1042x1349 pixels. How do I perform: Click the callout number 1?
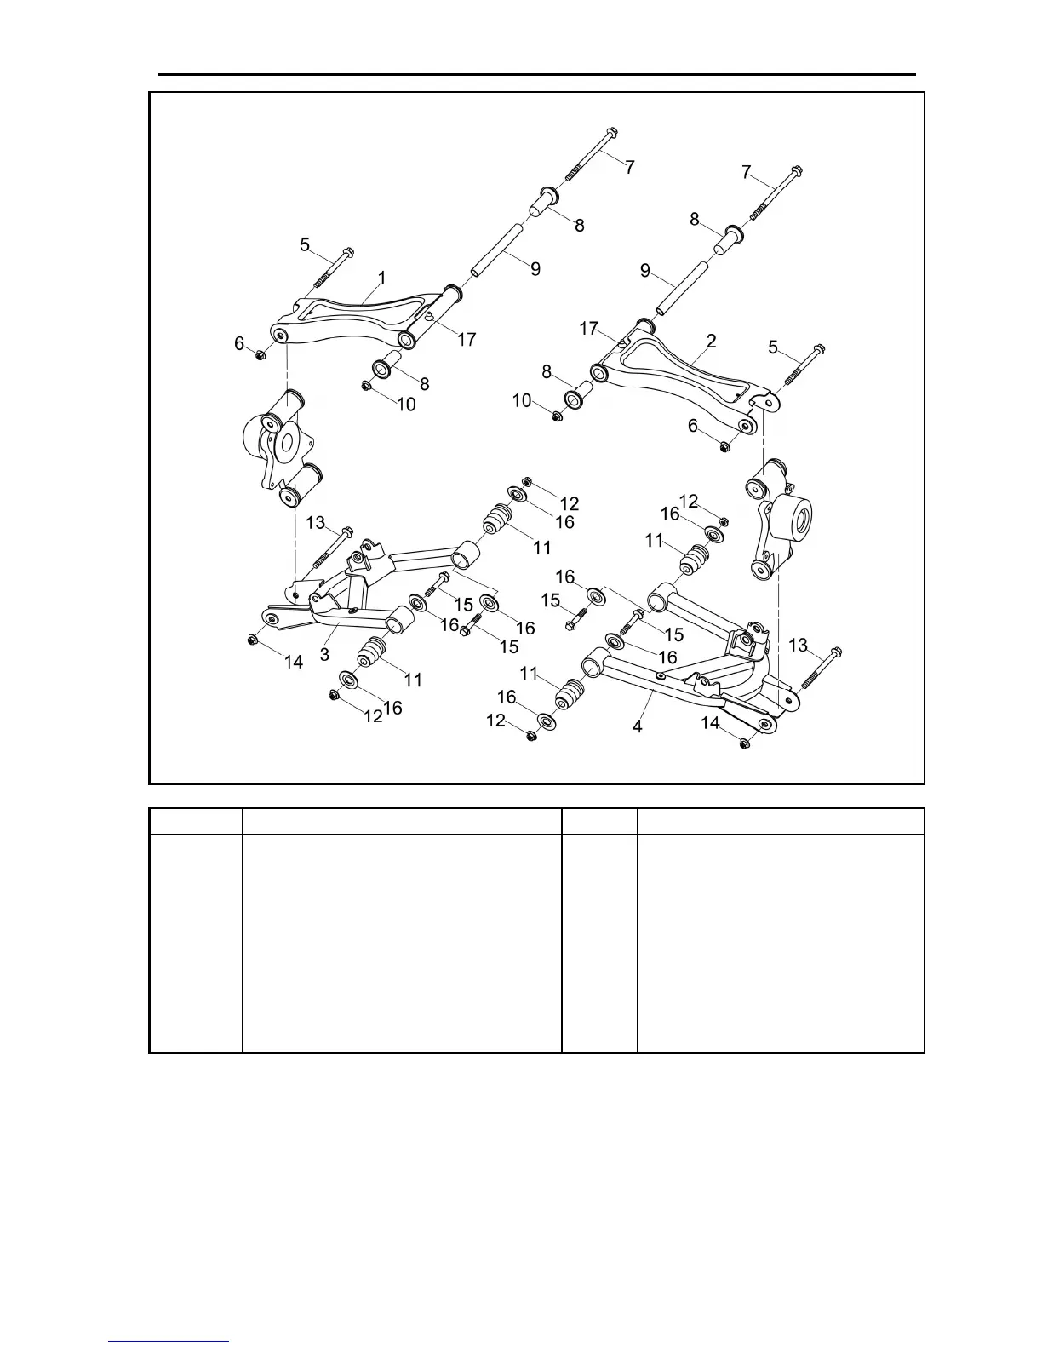(382, 278)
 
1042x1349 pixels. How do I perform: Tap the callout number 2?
(712, 341)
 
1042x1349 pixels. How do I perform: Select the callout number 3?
(324, 654)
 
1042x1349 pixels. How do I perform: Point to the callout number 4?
(638, 727)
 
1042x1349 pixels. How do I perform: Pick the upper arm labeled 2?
(681, 375)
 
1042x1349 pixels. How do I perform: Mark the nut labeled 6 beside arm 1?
(260, 354)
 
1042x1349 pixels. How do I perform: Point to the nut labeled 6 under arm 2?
(724, 445)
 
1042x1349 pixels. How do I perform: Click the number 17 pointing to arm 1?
(466, 339)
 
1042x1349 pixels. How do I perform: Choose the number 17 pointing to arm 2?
(589, 328)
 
